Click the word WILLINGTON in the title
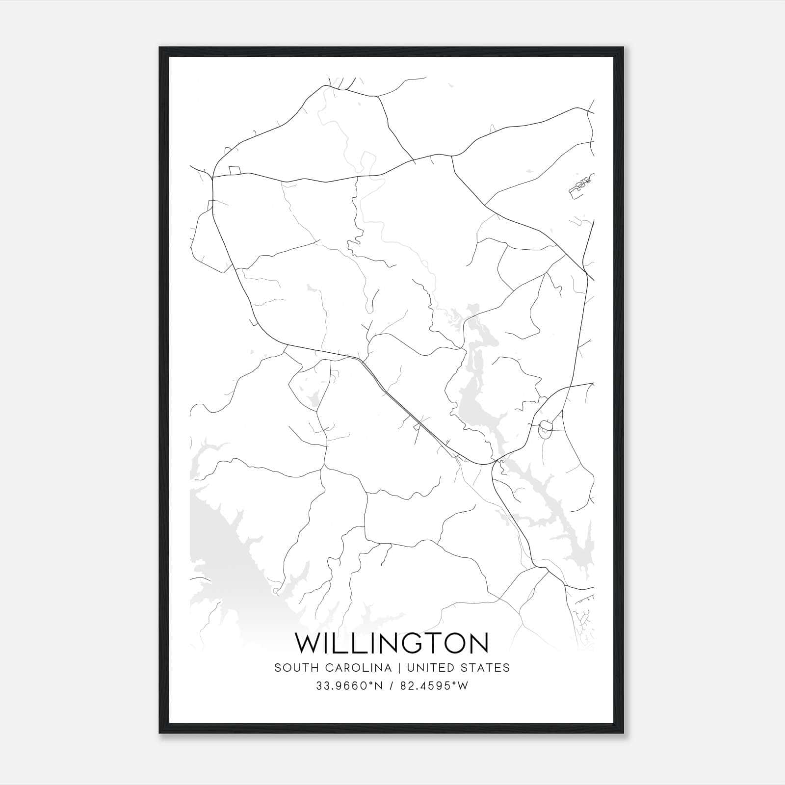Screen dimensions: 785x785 click(x=392, y=643)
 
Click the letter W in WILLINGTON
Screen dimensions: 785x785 click(x=307, y=643)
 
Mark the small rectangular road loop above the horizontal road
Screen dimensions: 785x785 click(x=235, y=170)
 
